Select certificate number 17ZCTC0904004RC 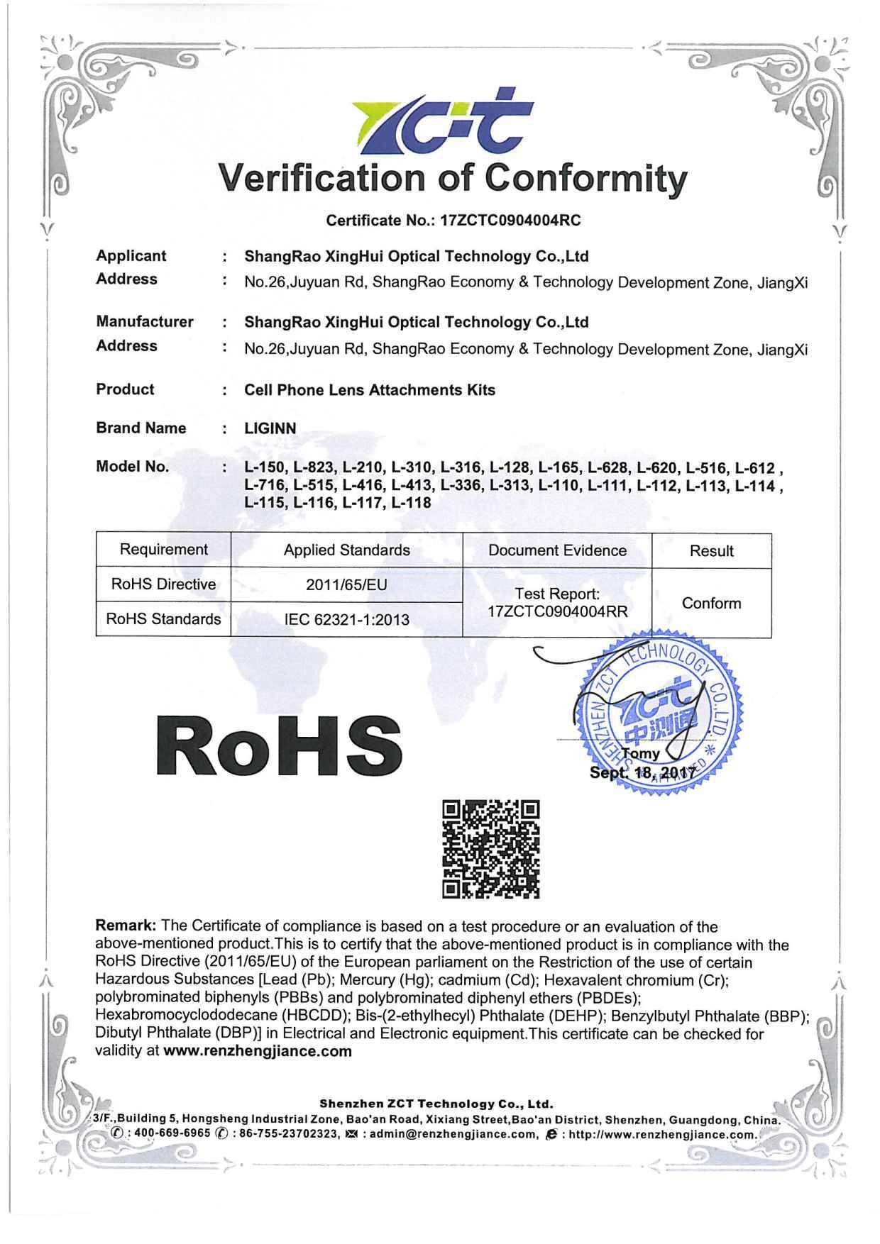pyautogui.click(x=510, y=221)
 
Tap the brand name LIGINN pyautogui.click(x=270, y=428)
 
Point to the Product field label pyautogui.click(x=125, y=389)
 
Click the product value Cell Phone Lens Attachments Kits pyautogui.click(x=370, y=390)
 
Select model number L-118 pyautogui.click(x=411, y=503)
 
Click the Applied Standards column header pyautogui.click(x=346, y=550)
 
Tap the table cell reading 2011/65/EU pyautogui.click(x=346, y=585)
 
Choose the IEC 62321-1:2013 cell pyautogui.click(x=346, y=619)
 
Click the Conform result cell pyautogui.click(x=711, y=604)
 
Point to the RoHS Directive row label pyautogui.click(x=163, y=584)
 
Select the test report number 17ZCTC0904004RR pyautogui.click(x=558, y=611)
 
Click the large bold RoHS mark pyautogui.click(x=279, y=747)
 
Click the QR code pyautogui.click(x=490, y=849)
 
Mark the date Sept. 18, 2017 pyautogui.click(x=644, y=772)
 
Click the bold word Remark pyautogui.click(x=126, y=926)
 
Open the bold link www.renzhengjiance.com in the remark pyautogui.click(x=258, y=1051)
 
